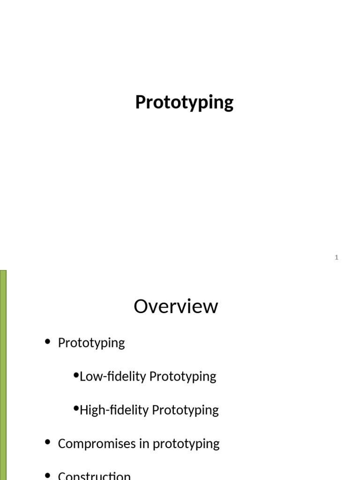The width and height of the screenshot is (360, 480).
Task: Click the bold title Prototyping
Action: (184, 102)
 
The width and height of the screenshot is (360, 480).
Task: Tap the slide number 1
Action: (337, 257)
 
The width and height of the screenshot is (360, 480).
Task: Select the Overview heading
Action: (176, 307)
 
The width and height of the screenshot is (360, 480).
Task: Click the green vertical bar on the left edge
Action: (3, 375)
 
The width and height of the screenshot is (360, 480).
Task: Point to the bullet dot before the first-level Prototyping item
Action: (47, 342)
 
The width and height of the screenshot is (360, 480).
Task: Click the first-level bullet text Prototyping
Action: (91, 343)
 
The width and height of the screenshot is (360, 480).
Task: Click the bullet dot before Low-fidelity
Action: (76, 375)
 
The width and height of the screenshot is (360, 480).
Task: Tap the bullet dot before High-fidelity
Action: (76, 409)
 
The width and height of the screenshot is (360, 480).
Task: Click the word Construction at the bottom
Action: (94, 475)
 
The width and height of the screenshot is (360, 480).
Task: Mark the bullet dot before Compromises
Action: (47, 443)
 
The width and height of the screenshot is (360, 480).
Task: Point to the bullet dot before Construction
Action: (47, 475)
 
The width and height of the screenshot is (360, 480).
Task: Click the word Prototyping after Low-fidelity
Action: (181, 377)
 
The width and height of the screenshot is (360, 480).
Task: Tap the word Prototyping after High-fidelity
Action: (185, 411)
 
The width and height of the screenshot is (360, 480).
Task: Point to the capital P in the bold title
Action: (141, 102)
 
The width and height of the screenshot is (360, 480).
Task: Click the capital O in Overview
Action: (142, 307)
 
